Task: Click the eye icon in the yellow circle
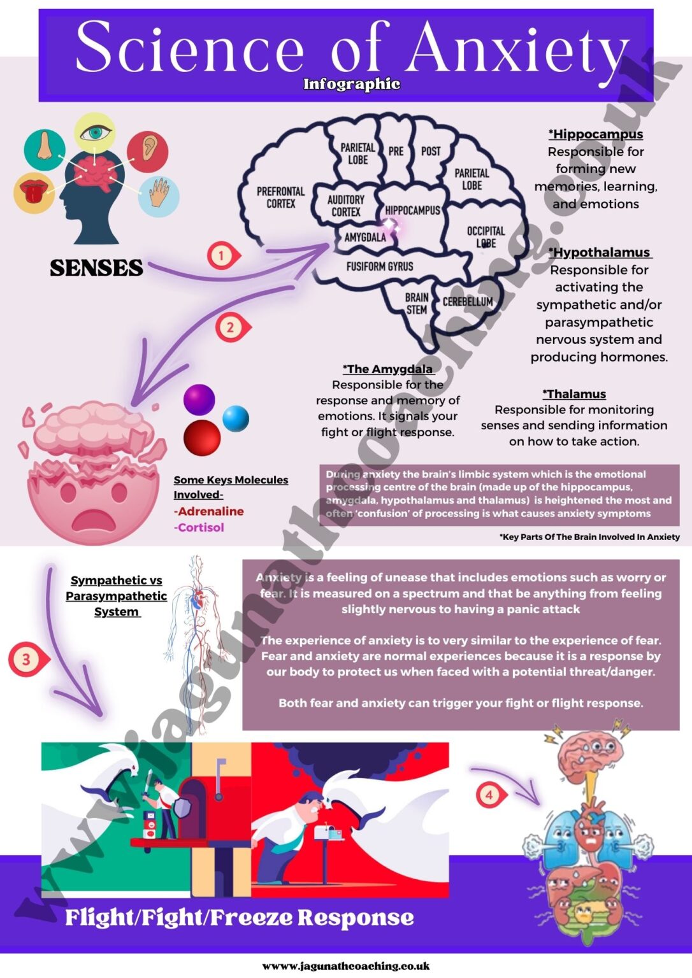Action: pos(95,132)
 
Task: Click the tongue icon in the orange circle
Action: pos(34,192)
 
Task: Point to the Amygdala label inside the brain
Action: pos(364,237)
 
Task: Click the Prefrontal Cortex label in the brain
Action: pos(280,197)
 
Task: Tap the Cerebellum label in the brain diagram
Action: pos(467,301)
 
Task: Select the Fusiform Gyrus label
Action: pos(379,266)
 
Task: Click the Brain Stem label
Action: pos(417,303)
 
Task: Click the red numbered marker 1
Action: pos(222,256)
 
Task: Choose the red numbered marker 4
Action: pos(489,795)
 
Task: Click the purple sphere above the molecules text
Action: pos(199,399)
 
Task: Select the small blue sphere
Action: pos(236,418)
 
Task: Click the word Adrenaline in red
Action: pos(210,511)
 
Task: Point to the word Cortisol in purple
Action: pos(201,527)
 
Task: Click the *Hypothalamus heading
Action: pos(600,252)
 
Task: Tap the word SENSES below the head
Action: pos(96,268)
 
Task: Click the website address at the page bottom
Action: pos(346,966)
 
